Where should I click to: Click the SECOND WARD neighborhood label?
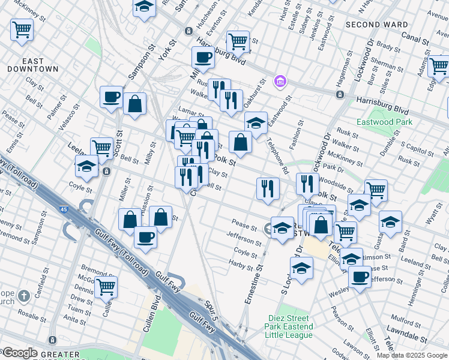click(x=376, y=25)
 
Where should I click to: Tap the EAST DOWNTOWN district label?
click(x=33, y=65)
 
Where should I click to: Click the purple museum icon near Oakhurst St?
click(x=279, y=80)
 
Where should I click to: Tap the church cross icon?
click(x=23, y=295)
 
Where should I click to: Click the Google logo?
click(x=19, y=353)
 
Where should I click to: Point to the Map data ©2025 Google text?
click(x=412, y=355)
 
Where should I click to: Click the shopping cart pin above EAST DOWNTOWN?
click(x=22, y=29)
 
